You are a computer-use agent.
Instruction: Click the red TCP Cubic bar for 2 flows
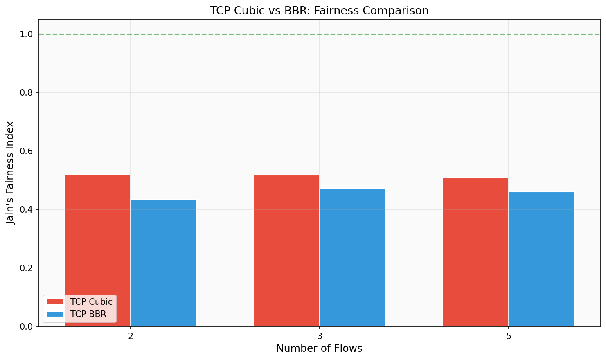coord(97,245)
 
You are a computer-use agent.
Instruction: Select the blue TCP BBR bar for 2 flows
coord(164,262)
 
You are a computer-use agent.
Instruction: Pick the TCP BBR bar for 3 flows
coord(353,258)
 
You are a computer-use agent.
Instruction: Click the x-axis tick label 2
coord(131,336)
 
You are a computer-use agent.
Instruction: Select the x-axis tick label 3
coord(320,336)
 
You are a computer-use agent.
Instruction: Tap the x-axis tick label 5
coord(509,336)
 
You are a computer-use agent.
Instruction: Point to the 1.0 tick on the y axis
coord(26,34)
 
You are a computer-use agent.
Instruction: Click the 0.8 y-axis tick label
coord(26,93)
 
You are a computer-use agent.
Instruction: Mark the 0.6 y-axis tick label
coord(26,151)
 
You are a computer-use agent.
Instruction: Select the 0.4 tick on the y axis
coord(26,210)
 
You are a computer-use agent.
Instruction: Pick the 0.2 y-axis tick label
coord(26,268)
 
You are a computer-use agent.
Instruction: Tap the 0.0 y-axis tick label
coord(26,327)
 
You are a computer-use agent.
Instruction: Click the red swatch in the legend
coord(55,302)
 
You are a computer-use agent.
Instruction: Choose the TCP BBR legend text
coord(88,314)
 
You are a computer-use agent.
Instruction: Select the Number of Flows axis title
coord(319,349)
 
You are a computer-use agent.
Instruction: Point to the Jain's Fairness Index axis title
coord(11,173)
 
